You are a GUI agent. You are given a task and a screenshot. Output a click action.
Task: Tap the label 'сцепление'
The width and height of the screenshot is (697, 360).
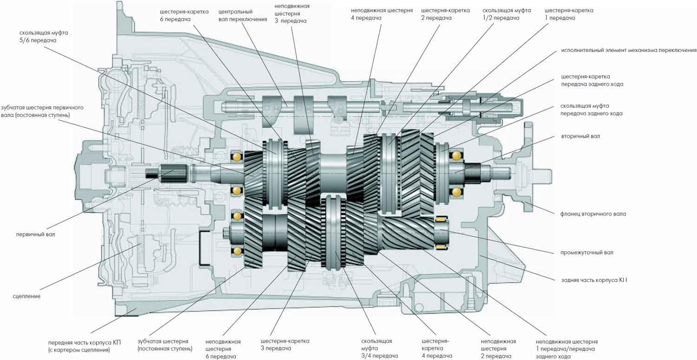[26, 296]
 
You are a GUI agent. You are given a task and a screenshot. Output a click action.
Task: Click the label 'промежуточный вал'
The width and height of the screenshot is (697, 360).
[587, 253]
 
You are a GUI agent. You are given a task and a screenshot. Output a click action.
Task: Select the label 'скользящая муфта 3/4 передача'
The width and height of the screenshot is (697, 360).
[376, 348]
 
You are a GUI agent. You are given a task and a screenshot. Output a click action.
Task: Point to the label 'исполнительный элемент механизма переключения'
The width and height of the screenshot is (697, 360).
[629, 50]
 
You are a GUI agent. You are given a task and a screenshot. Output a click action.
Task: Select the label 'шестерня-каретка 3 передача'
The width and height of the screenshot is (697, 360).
[285, 345]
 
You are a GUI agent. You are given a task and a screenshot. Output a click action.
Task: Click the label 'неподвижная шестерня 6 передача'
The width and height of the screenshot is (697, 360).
[223, 348]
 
